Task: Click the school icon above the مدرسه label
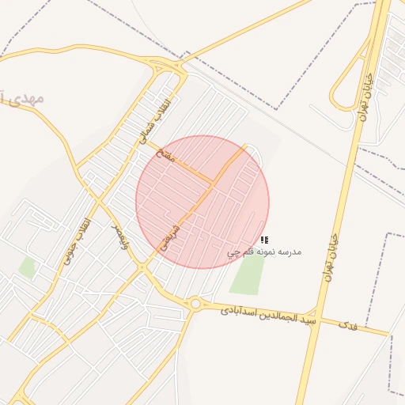[264, 239]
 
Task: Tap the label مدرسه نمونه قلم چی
[264, 252]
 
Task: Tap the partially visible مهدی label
[24, 99]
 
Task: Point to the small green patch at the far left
[28, 267]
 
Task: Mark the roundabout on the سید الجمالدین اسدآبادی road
[195, 303]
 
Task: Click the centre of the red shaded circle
[202, 202]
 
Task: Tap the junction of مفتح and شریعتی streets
[212, 184]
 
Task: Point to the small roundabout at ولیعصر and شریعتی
[142, 267]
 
